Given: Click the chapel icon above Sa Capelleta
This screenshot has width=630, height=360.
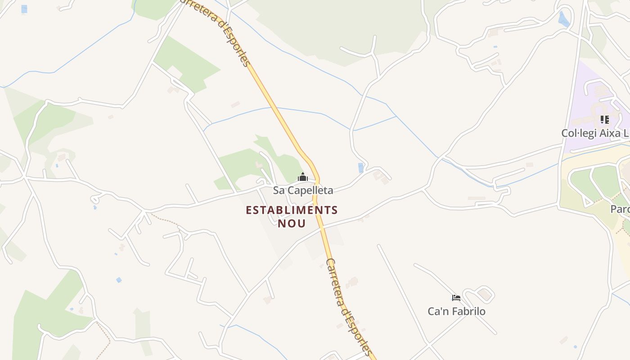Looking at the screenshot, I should click(x=303, y=177).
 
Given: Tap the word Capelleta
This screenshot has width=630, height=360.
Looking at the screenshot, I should click(x=310, y=190).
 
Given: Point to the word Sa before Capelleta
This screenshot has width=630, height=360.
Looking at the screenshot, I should click(x=279, y=190).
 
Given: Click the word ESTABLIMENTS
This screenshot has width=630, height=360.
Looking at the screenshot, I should click(x=292, y=210).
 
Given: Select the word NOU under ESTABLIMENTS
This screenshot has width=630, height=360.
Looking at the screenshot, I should click(x=292, y=223).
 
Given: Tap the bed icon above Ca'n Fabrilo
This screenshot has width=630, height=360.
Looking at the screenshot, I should click(x=456, y=297).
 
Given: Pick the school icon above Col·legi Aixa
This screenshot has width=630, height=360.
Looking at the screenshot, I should click(x=604, y=120).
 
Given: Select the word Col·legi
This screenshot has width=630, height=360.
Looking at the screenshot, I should click(x=578, y=133).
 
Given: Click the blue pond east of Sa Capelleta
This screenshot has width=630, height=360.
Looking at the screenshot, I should click(x=360, y=168).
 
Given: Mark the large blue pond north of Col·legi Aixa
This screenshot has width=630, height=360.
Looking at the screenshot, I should click(x=563, y=19).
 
